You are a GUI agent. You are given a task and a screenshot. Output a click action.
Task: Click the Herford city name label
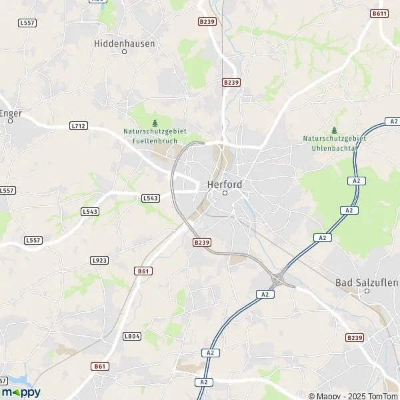pos(225,184)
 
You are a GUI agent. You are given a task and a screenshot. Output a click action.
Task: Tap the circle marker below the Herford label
pos(225,193)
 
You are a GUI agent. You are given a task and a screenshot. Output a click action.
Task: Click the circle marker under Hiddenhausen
pos(124,51)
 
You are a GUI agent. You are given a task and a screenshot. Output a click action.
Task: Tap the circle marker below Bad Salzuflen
pos(367,291)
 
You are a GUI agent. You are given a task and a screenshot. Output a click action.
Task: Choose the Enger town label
pos(11,113)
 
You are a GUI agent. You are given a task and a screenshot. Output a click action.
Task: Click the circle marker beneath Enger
pos(8,121)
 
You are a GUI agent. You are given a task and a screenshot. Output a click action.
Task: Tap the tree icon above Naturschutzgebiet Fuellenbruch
pos(155,123)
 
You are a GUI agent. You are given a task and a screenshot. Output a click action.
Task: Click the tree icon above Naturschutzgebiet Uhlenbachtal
pos(334,130)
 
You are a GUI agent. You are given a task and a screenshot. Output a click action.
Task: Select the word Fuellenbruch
pos(155,139)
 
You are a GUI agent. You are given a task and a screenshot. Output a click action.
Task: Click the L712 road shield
pos(79,125)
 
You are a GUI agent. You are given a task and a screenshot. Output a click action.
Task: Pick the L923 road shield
pos(99,260)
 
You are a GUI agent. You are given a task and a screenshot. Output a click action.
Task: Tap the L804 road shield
pos(132,337)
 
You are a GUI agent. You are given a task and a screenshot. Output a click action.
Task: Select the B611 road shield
pos(380,13)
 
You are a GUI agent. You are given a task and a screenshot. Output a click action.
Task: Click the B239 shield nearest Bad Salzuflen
pos(354,338)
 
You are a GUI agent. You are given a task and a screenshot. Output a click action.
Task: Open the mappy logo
pos(21,392)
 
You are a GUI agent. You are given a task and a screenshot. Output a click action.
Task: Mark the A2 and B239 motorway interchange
pos(282,274)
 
